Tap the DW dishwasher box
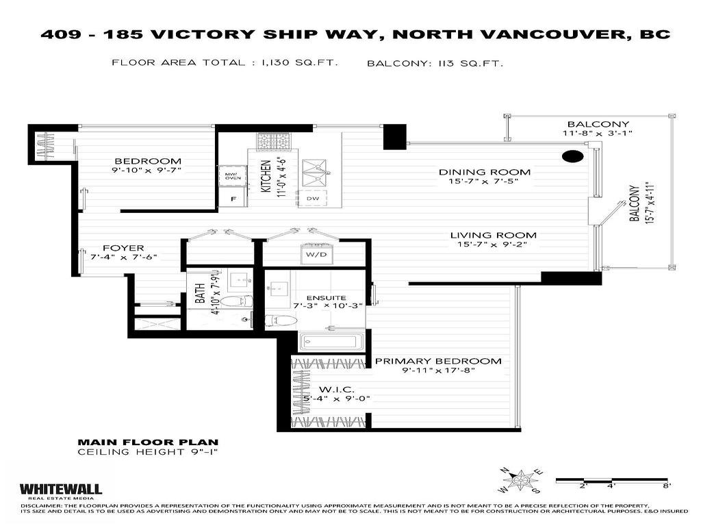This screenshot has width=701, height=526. click(312, 199)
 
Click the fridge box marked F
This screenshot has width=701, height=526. click(233, 199)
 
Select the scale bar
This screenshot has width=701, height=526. click(611, 481)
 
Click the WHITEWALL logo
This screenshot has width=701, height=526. click(60, 489)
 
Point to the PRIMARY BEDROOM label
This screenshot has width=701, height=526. click(437, 361)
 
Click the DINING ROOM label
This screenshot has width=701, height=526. click(485, 172)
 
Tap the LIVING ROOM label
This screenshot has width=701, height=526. click(493, 235)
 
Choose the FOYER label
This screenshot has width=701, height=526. click(123, 248)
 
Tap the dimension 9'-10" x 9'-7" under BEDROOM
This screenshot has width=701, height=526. click(147, 171)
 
